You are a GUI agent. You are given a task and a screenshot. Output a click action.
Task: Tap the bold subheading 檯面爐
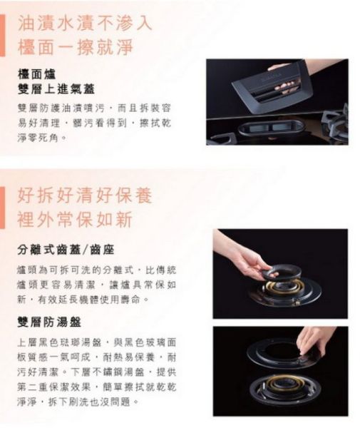tap(37, 74)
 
